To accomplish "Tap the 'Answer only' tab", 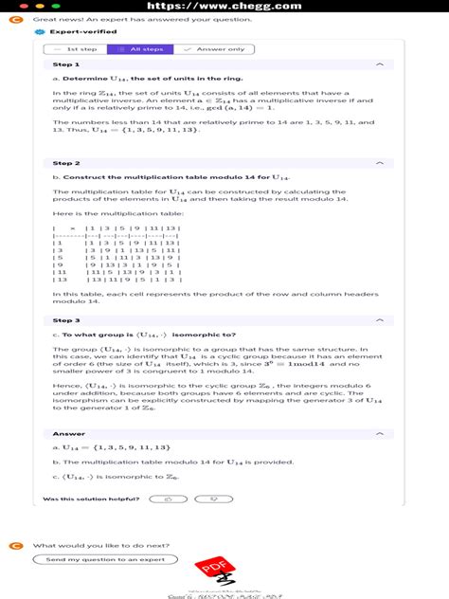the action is click(x=214, y=48).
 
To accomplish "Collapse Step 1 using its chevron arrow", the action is click(x=380, y=64).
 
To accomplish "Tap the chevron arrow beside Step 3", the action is click(x=380, y=320).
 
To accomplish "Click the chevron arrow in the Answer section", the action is click(x=380, y=435).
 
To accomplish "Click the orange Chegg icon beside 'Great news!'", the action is click(x=14, y=17).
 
